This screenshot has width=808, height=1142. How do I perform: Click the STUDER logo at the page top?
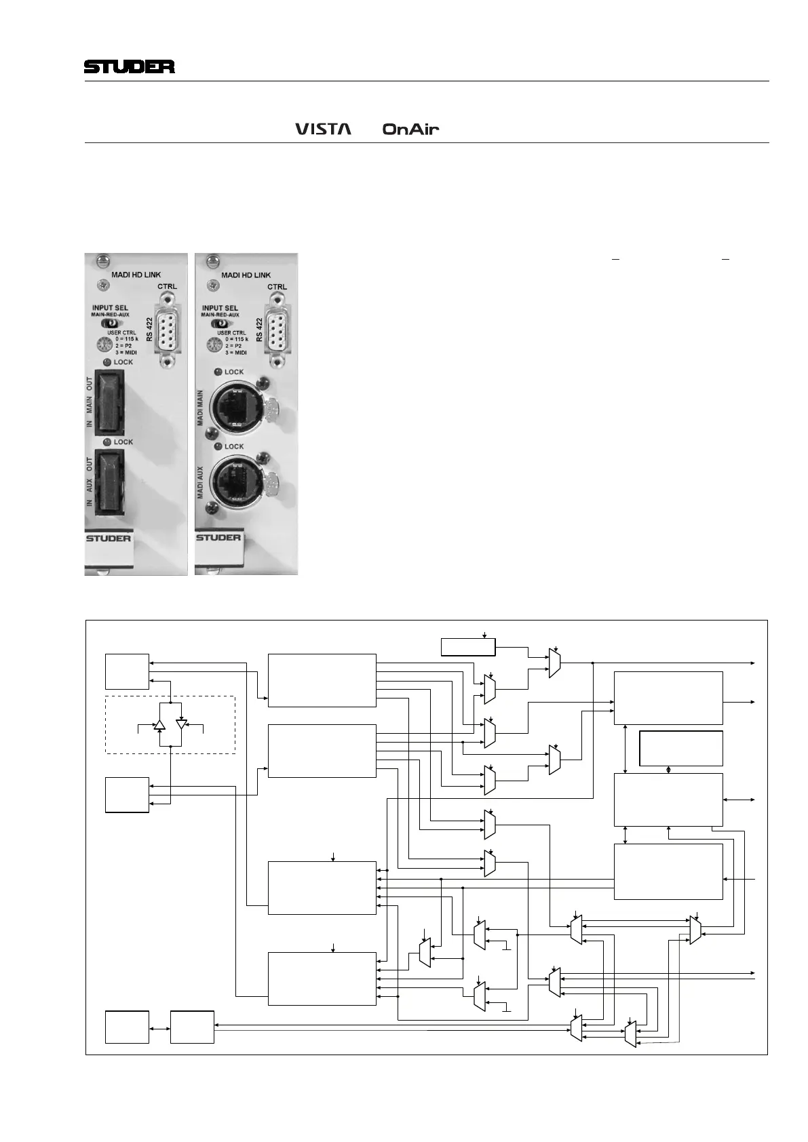[130, 66]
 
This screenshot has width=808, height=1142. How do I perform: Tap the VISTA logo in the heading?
[323, 128]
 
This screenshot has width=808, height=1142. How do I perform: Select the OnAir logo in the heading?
[410, 129]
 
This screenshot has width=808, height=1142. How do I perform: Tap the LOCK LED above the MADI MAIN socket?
[217, 372]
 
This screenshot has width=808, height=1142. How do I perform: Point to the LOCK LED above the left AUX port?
[107, 442]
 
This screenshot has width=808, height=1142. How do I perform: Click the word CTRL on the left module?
[167, 286]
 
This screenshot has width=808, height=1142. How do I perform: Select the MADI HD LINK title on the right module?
[246, 275]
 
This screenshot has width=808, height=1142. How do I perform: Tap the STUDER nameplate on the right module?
[218, 538]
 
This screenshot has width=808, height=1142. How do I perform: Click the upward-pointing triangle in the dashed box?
[159, 724]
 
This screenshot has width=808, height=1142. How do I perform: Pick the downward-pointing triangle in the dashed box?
[181, 724]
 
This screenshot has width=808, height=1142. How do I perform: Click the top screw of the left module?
[103, 260]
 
